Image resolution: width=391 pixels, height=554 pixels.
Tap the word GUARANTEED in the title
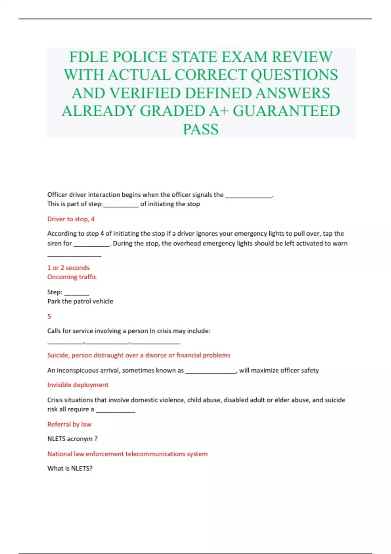[x=286, y=111]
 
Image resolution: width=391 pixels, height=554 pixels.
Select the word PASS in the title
[x=201, y=129]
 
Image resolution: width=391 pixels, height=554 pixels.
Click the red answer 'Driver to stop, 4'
[x=71, y=219]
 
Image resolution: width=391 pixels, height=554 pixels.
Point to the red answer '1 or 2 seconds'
[x=68, y=268]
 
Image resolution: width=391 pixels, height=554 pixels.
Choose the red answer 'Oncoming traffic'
[x=72, y=277]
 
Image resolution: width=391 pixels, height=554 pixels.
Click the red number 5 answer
[x=49, y=316]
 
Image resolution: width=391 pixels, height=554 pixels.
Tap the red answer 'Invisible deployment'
[x=78, y=385]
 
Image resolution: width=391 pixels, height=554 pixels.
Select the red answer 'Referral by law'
[x=69, y=424]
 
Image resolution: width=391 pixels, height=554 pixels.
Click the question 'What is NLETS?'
[x=70, y=468]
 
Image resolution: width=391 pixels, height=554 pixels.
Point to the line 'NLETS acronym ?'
[x=72, y=439]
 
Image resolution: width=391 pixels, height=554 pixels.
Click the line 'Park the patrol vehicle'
[x=80, y=301]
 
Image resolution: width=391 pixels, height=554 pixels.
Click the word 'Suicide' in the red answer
[x=58, y=355]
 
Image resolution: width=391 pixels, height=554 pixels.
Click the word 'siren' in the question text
[x=54, y=243]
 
